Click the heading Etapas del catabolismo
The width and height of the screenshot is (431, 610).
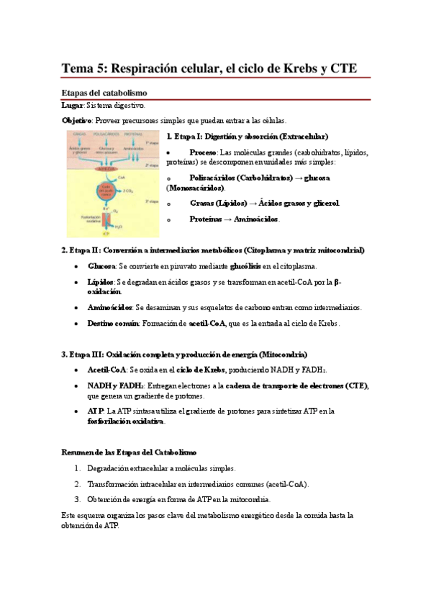click(x=104, y=93)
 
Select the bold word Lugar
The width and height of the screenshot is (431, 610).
click(x=73, y=106)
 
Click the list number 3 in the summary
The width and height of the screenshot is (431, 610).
click(x=77, y=499)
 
